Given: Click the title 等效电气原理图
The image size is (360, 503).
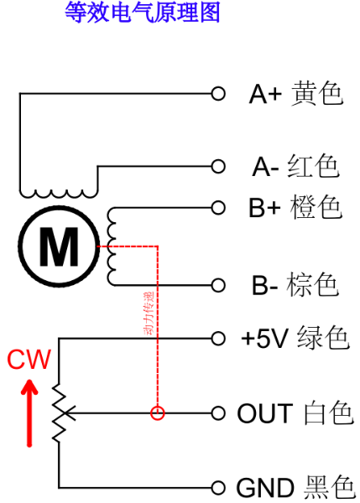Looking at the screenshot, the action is [x=143, y=13].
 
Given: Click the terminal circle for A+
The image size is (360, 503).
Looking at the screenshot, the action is [x=218, y=94].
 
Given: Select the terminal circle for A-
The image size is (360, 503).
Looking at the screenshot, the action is [x=218, y=167].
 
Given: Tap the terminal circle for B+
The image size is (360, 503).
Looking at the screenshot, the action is [x=218, y=208].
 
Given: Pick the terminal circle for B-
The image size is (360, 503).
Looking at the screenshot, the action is [x=218, y=285].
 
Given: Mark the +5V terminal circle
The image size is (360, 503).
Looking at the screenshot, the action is [x=218, y=339].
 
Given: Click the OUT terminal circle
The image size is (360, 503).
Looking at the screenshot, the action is [x=218, y=413].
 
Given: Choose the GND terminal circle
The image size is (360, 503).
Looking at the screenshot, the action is [x=218, y=488].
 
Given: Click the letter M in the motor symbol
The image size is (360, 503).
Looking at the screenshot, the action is [x=59, y=246].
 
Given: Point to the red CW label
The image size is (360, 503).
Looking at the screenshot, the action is [x=29, y=360].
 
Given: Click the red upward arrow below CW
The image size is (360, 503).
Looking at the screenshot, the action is [x=29, y=413].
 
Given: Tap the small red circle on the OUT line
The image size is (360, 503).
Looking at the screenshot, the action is [x=158, y=413].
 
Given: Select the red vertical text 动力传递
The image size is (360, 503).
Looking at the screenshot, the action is [x=149, y=313].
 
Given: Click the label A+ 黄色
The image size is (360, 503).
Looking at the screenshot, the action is [x=295, y=94].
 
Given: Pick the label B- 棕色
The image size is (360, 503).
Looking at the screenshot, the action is [x=295, y=285].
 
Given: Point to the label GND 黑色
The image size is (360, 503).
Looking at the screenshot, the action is [x=295, y=488].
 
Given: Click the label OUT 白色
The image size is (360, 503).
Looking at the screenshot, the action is [x=295, y=413].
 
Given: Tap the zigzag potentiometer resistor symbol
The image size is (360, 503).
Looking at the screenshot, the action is [x=60, y=413].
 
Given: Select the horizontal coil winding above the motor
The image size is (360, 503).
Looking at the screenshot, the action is [x=59, y=194].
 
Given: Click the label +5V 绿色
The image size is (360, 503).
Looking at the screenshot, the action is [x=295, y=339].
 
